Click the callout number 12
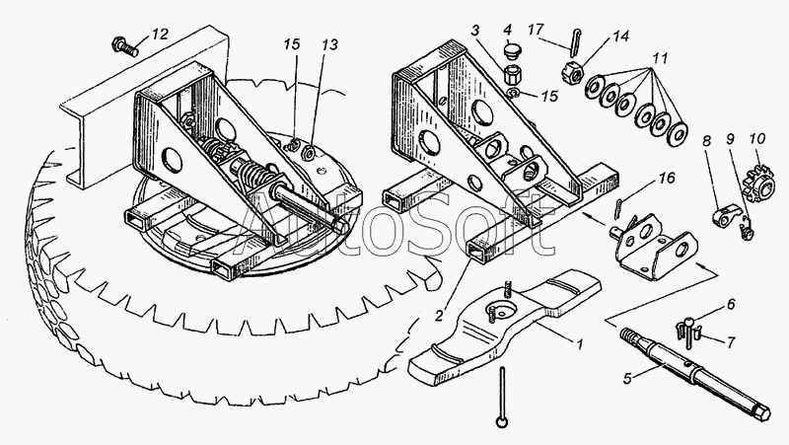point(160,35)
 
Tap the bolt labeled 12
point(125,46)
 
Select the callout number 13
point(329,45)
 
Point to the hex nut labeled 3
point(512,76)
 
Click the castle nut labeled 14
point(572,72)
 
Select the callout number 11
point(660,58)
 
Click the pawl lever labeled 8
point(727,215)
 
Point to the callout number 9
point(731,139)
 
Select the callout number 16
point(667,179)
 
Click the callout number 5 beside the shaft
point(627,378)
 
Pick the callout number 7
point(730,341)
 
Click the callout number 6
point(730,304)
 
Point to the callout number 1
point(579,344)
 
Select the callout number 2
point(439,315)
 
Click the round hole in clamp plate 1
point(499,311)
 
